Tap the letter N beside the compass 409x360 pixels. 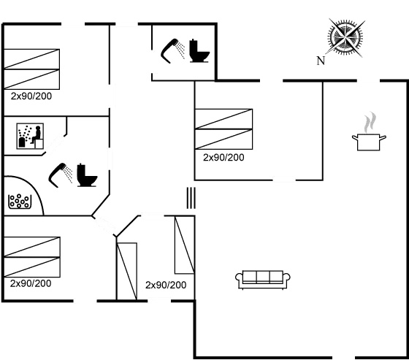tap(320, 61)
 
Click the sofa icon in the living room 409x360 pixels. tap(264, 278)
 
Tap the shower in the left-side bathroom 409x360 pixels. tap(61, 175)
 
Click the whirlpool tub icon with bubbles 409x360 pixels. tap(20, 201)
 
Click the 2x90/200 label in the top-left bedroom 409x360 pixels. tap(31, 96)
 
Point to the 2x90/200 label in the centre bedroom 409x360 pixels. tap(223, 157)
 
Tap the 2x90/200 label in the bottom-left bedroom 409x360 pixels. tap(31, 283)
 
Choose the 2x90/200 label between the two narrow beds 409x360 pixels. tap(166, 285)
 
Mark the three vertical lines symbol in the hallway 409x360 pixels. tap(190, 199)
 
